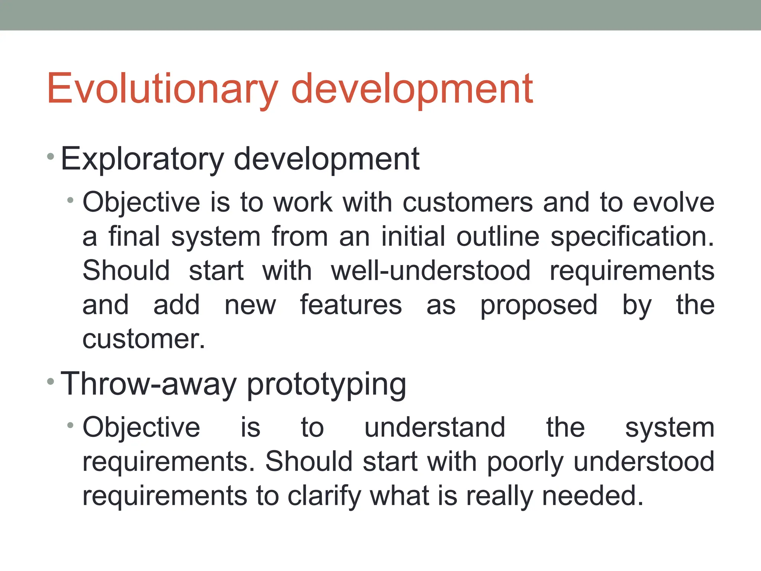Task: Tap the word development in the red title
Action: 412,89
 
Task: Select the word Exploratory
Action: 142,159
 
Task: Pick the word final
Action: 134,236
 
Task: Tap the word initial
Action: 413,236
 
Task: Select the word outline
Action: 498,236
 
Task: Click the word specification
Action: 632,237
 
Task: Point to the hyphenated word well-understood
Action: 430,270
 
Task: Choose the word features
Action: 351,305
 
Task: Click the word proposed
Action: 538,305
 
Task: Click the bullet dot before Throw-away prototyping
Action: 51,382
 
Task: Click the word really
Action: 499,496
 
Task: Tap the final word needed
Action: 592,496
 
